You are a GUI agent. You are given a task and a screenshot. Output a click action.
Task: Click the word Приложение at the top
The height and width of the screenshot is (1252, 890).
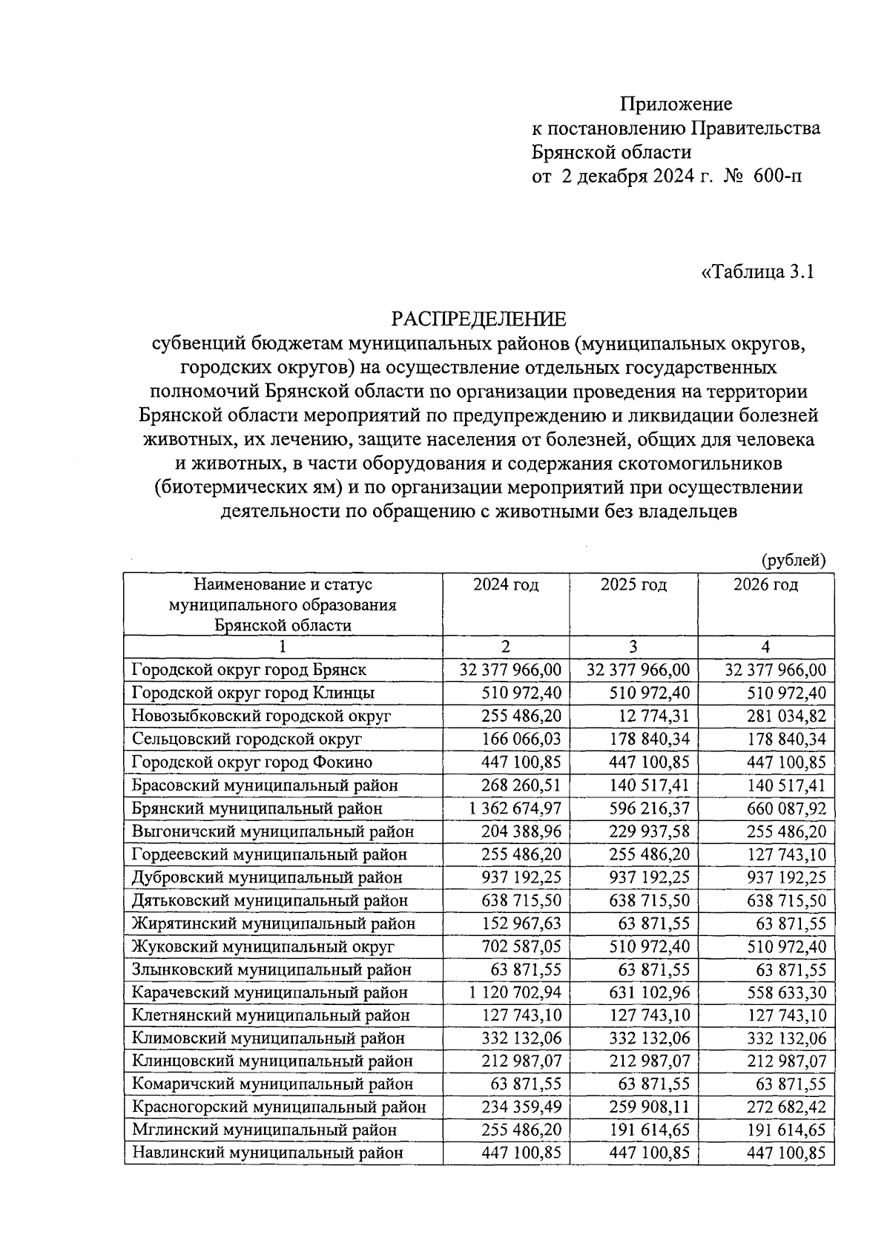(676, 104)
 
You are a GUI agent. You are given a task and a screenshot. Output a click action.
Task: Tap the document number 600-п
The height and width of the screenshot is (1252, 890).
(777, 177)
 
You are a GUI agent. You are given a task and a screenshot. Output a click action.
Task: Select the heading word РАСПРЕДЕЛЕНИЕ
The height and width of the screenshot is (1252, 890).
(478, 319)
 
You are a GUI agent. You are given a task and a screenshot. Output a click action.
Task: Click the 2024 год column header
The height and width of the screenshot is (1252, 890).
(506, 584)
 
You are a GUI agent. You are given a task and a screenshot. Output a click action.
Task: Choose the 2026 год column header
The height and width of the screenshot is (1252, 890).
(765, 584)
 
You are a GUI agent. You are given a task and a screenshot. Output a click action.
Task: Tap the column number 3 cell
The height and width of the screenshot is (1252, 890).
(633, 646)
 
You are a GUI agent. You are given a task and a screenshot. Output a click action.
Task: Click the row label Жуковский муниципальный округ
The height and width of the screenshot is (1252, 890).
(263, 946)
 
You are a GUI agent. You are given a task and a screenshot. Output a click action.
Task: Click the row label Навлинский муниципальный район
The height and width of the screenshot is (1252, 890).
(267, 1153)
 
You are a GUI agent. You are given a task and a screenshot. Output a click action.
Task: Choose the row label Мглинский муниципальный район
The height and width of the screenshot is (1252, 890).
(264, 1130)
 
